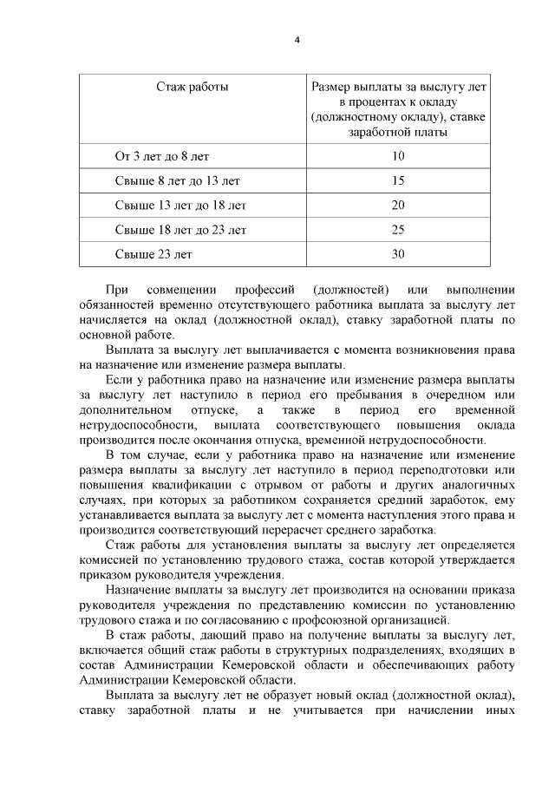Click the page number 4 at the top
[x=297, y=41]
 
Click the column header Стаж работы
[x=193, y=87]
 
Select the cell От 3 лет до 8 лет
[x=162, y=157]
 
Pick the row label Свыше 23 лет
[x=153, y=255]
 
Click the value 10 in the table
[x=398, y=157]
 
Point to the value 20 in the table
[x=398, y=206]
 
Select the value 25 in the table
[x=398, y=230]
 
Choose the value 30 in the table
[x=398, y=255]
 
